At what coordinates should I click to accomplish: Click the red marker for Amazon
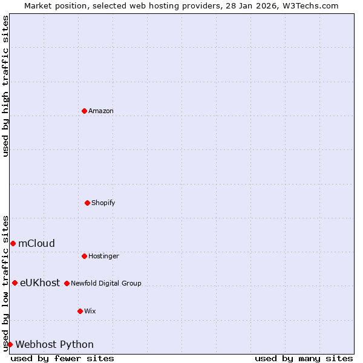point(84,111)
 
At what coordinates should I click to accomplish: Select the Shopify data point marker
point(87,203)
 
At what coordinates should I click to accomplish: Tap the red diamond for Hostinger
point(84,256)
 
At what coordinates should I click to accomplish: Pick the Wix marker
point(80,311)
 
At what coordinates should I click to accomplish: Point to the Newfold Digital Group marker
point(67,283)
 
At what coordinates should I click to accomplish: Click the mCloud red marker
point(13,243)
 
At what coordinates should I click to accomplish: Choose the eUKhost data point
point(15,283)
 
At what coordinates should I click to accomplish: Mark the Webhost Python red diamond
point(10,344)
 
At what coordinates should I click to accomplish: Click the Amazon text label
point(101,111)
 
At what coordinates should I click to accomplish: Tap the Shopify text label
point(103,203)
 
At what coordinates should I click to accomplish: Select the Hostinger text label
point(103,256)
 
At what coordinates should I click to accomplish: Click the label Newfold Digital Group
point(106,283)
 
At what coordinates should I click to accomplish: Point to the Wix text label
point(90,311)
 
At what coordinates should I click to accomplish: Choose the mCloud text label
point(36,243)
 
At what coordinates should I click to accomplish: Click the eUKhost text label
point(40,283)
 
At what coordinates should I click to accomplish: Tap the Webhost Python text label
point(54,344)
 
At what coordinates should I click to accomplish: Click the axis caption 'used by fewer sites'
point(62,358)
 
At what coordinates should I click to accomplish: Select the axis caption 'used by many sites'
point(304,358)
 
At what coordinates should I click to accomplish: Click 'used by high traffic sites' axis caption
point(5,86)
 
